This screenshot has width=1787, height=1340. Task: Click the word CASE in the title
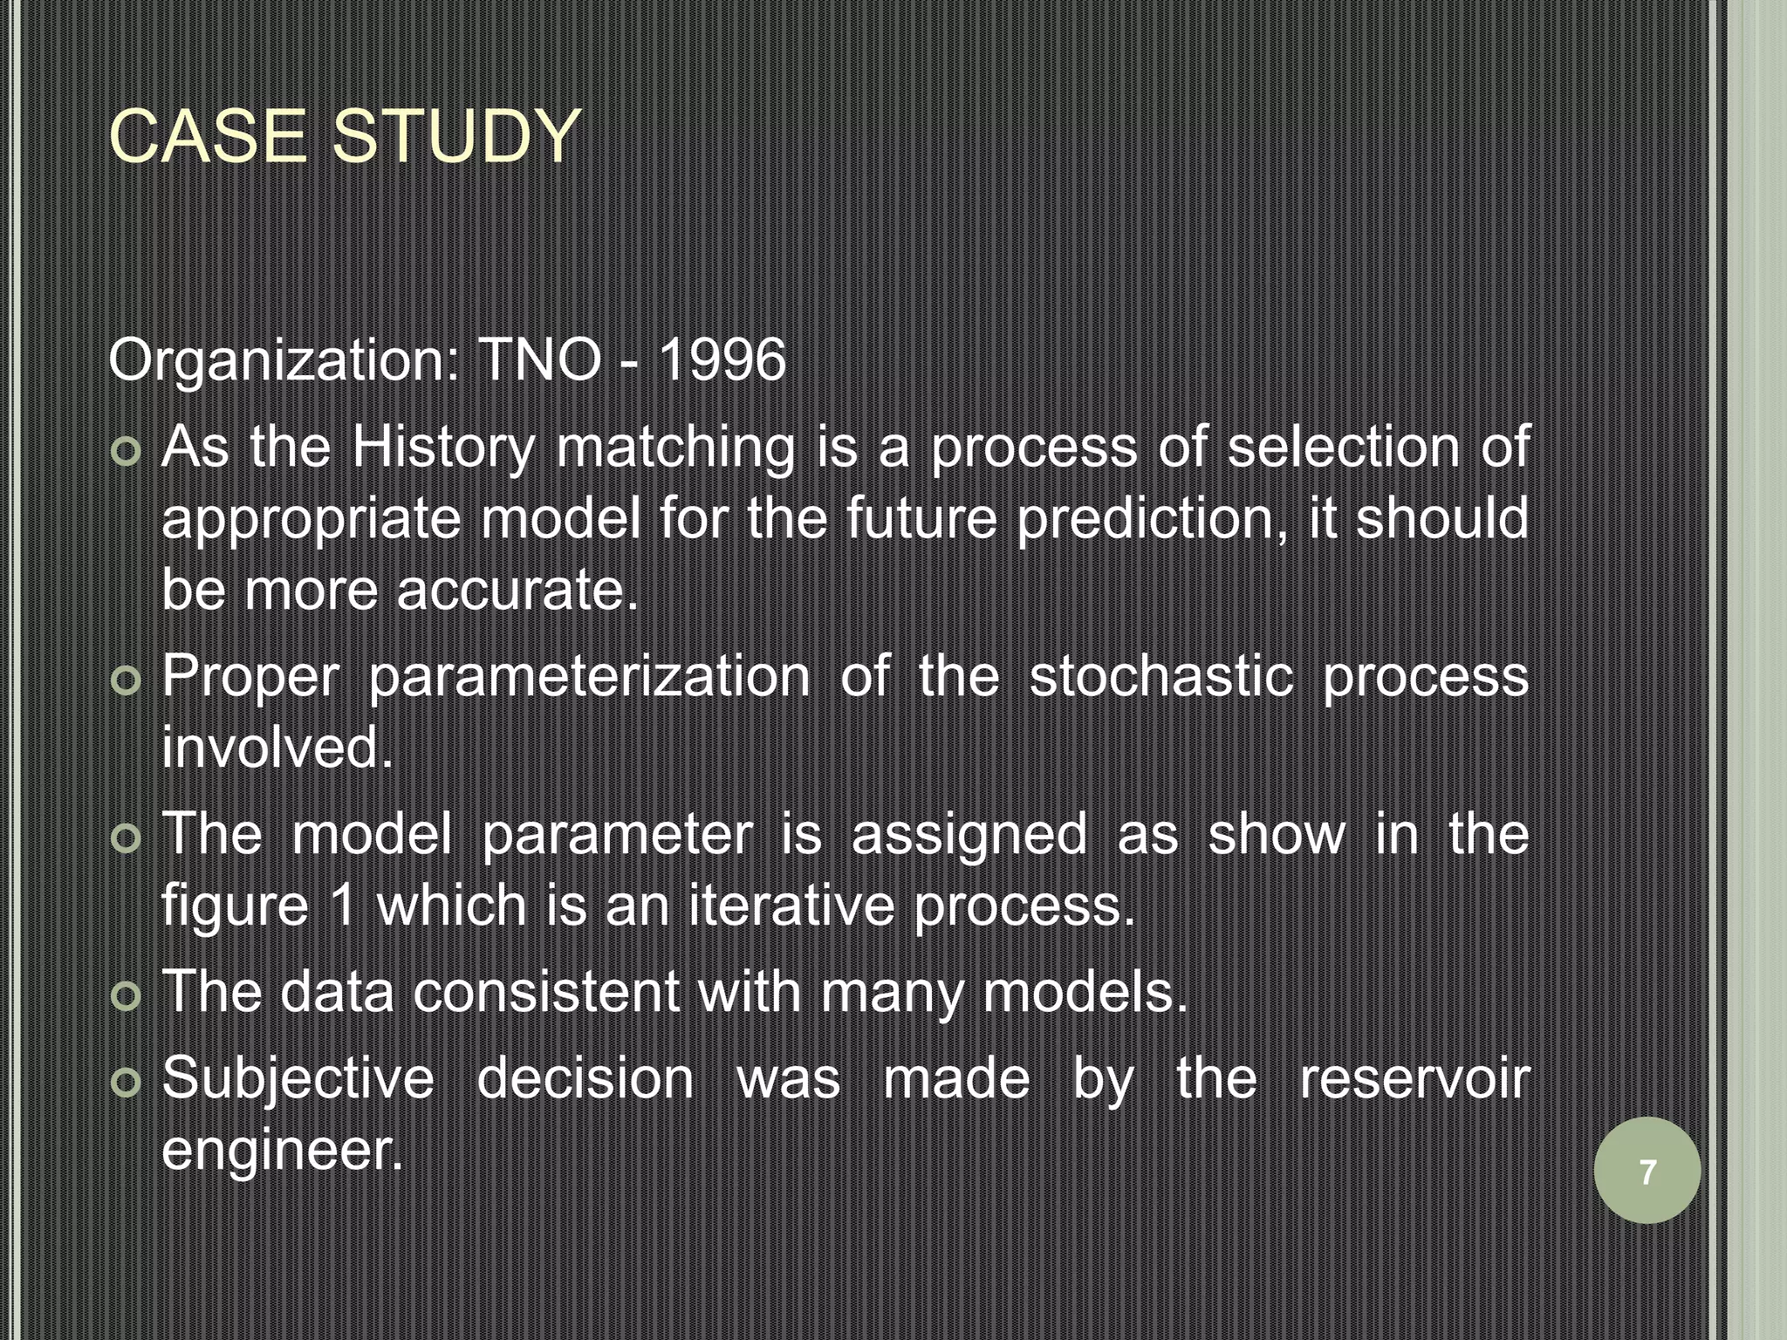coord(208,137)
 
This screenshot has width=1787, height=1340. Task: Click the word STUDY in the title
coord(456,137)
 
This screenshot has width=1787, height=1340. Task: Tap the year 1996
coord(722,359)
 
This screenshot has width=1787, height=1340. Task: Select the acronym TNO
coord(539,359)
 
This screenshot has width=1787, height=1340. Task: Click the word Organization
coord(283,361)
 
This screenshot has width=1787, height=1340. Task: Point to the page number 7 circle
coord(1647,1171)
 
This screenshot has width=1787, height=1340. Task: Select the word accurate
coord(517,591)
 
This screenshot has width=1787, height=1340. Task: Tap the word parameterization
coord(589,676)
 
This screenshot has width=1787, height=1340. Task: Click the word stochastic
coord(1161,676)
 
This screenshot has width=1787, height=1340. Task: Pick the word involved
coord(277,748)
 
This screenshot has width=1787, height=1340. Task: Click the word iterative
coord(791,906)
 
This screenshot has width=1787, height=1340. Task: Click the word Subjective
coord(298,1079)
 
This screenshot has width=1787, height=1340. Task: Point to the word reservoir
coord(1414,1078)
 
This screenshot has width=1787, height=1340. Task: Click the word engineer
coord(282,1150)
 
